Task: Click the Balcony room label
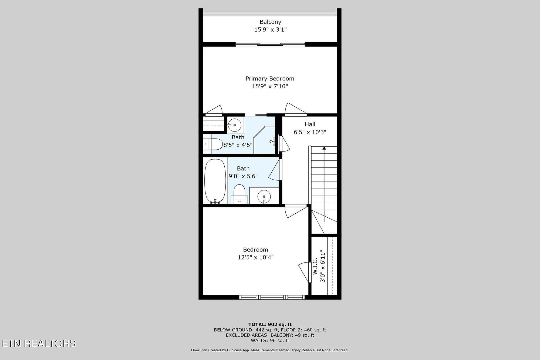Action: pos(270,22)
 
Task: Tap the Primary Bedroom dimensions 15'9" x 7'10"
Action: pos(270,86)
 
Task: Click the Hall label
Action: pos(310,125)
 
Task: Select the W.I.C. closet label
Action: pos(315,266)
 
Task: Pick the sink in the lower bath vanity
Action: pos(264,196)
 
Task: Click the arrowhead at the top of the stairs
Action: pos(324,148)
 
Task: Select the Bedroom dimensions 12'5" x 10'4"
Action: pos(255,257)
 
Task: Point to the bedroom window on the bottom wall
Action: pos(272,297)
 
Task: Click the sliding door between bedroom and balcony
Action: pos(270,44)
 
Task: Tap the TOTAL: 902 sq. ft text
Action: pos(270,325)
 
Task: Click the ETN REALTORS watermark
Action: pos(38,344)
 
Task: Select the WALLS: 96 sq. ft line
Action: pos(270,341)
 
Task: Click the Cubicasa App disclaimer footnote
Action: pos(270,350)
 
